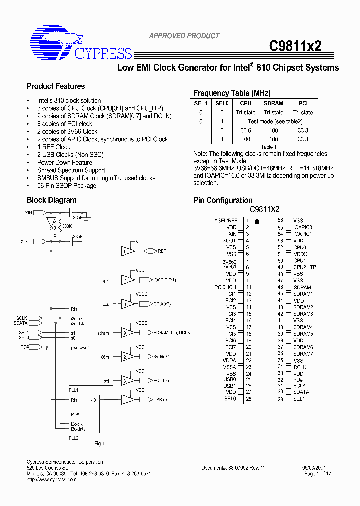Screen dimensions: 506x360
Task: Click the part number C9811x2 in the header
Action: pos(295,46)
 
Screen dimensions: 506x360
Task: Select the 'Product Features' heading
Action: pos(56,86)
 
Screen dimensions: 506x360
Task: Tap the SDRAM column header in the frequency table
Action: pos(273,103)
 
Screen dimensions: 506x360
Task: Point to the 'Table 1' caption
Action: pos(268,147)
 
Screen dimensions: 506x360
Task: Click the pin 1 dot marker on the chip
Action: pos(257,221)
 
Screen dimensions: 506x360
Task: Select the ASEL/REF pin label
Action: pos(226,220)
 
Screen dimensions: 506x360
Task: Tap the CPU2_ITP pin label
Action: pos(304,267)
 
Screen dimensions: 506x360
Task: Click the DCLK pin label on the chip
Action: pos(300,367)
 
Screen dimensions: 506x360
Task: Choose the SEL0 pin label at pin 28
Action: pos(230,399)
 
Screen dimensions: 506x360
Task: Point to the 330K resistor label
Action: pos(66,226)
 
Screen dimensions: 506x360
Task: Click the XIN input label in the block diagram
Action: pos(28,213)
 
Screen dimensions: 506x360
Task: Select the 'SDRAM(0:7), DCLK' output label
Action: pos(171,332)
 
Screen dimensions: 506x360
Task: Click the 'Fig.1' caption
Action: pos(99,443)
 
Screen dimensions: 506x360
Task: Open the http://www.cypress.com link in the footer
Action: pos(51,480)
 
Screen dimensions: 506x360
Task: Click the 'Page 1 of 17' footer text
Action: pos(317,474)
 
